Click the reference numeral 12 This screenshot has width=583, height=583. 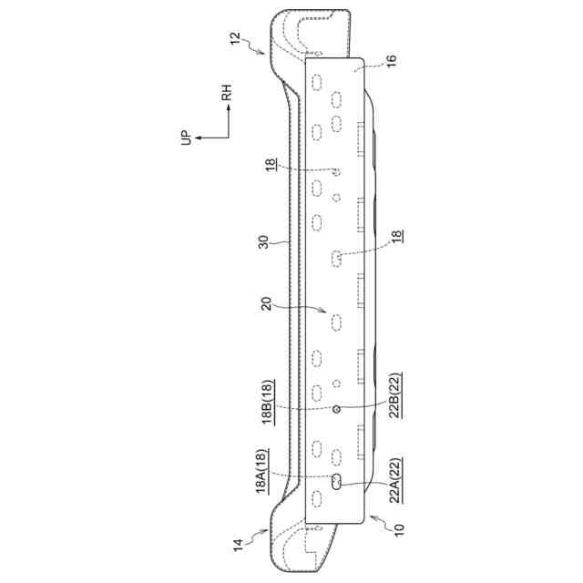click(235, 38)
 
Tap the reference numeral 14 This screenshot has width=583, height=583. click(238, 545)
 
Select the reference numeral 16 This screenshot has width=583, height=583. click(392, 60)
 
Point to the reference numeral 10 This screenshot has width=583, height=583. click(398, 529)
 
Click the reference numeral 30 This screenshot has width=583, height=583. click(263, 242)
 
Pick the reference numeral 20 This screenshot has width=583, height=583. click(267, 303)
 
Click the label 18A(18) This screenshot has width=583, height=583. click(262, 472)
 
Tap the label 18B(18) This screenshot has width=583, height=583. click(269, 403)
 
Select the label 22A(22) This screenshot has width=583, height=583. click(395, 481)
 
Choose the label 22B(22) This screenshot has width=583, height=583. click(395, 395)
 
